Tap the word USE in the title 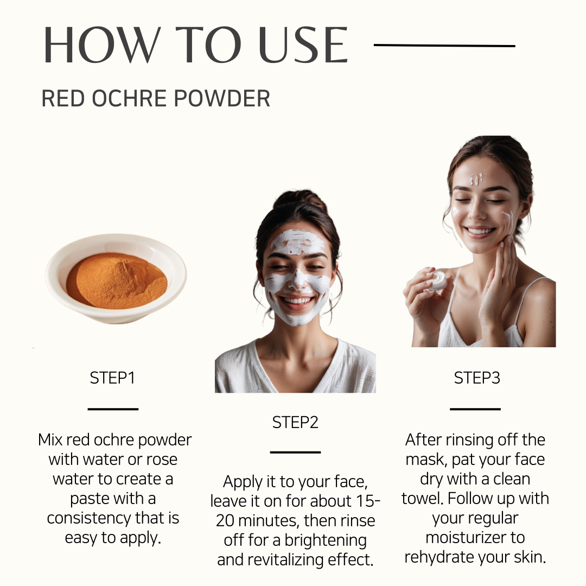pos(303,45)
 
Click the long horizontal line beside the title pos(444,46)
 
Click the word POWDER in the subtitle pos(221,98)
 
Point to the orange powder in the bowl pos(117,281)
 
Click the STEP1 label pos(112,378)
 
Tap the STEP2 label pos(295,423)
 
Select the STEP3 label pos(477,378)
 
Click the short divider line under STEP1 pos(113,409)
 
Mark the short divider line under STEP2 pos(295,452)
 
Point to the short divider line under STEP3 pos(475,409)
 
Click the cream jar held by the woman pos(437,281)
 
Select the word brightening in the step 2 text pos(326,540)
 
